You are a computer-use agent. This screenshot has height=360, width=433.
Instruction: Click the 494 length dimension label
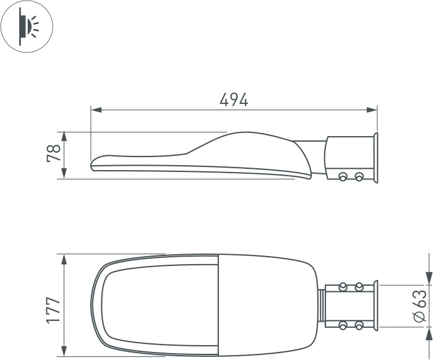click(234, 100)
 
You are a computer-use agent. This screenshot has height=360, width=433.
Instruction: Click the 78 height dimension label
click(54, 153)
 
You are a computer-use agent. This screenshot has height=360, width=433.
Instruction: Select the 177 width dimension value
click(53, 310)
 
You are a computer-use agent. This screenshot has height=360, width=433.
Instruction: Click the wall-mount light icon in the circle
click(28, 27)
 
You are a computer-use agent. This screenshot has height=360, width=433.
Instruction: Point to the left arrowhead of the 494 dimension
click(96, 110)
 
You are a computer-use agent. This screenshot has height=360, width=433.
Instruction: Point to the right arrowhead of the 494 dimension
click(372, 110)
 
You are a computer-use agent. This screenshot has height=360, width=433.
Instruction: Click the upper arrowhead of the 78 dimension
click(64, 137)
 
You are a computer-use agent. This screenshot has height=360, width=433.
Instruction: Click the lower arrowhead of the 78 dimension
click(64, 174)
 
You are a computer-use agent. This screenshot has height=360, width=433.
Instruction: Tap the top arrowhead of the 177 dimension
click(64, 260)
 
